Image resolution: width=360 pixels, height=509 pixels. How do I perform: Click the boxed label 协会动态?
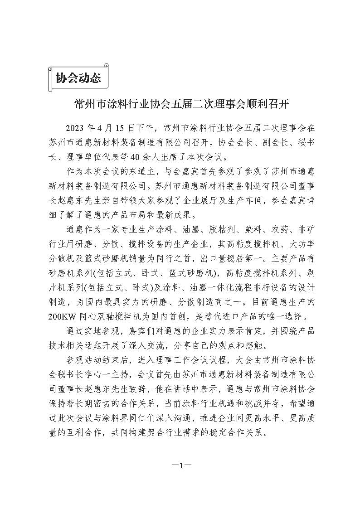point(78,78)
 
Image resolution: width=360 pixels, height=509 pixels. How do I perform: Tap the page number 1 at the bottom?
point(180,465)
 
